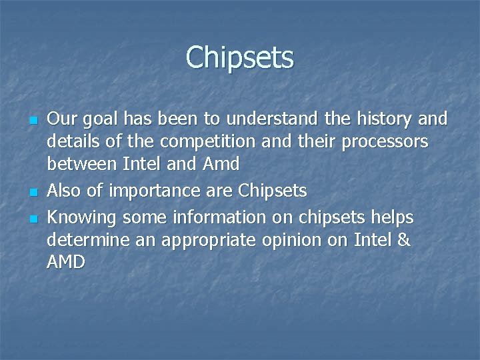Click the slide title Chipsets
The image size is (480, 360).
coord(239,57)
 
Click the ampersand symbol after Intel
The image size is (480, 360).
coord(403,239)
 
